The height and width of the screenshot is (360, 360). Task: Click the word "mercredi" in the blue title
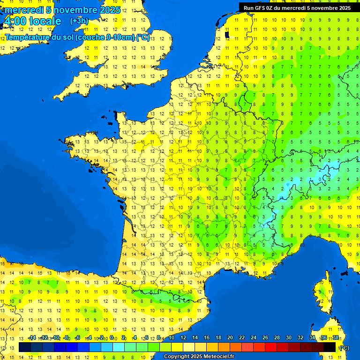[23, 10]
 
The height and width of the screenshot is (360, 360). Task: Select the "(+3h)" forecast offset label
[79, 21]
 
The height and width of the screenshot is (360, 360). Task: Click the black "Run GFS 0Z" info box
[297, 7]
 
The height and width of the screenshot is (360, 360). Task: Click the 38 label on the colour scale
[335, 337]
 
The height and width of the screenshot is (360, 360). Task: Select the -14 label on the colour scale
[32, 337]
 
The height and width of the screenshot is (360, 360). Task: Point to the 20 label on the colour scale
[230, 337]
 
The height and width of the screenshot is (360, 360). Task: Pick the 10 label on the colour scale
[172, 337]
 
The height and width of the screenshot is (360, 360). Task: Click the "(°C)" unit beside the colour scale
[344, 347]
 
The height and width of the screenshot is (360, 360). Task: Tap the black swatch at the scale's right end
[330, 347]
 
